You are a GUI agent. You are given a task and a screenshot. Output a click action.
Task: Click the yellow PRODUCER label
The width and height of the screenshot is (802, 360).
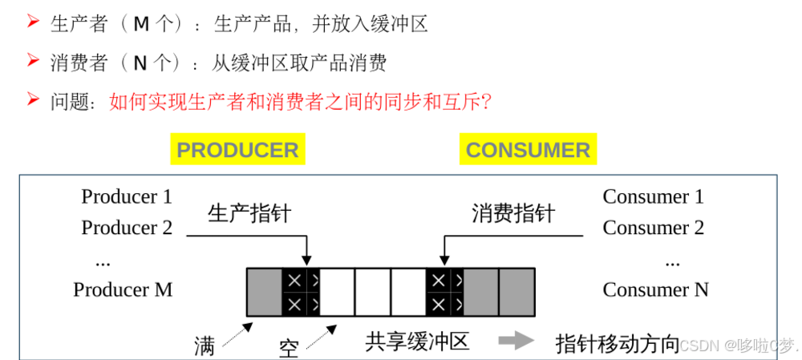237,150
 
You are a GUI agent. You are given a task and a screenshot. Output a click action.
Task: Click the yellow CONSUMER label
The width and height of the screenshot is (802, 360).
528,150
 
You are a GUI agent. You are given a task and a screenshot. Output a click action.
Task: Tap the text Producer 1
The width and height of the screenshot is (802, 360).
127,196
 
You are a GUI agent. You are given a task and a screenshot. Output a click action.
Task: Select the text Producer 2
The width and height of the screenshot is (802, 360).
127,228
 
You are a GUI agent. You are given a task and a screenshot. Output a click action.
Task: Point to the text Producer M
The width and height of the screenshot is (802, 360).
123,289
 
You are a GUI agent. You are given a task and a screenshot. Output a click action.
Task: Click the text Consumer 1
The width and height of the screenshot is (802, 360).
653,196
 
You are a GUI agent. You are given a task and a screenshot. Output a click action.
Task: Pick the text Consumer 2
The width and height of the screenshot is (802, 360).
653,228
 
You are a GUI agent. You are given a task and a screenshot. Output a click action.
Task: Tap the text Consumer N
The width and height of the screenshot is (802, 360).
655,289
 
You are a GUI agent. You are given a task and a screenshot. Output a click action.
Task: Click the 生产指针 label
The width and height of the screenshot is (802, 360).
249,213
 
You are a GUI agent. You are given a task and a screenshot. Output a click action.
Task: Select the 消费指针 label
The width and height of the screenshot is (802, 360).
513,213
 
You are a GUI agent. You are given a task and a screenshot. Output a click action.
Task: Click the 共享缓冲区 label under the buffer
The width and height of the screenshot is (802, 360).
417,342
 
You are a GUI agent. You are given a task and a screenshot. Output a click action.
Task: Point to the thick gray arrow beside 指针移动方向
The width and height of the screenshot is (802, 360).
516,341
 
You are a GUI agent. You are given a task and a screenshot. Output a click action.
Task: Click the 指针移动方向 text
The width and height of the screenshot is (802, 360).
618,343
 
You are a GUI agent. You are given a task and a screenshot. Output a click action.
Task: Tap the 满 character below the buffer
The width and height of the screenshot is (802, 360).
205,346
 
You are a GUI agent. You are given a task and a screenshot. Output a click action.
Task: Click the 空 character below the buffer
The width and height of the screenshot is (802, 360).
289,348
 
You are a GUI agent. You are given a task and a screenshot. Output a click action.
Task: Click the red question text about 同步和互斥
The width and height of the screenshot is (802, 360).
300,102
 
